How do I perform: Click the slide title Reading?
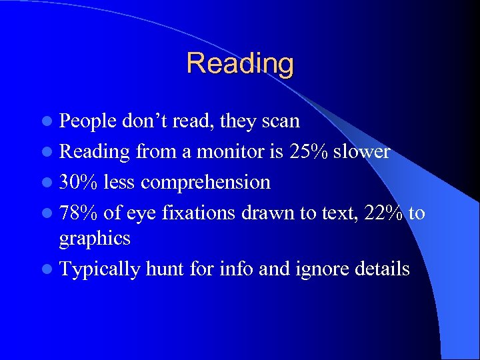click(240, 63)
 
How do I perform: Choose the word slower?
click(362, 151)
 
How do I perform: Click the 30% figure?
click(78, 181)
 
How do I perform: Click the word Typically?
click(100, 269)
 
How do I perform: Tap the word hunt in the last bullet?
click(164, 269)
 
